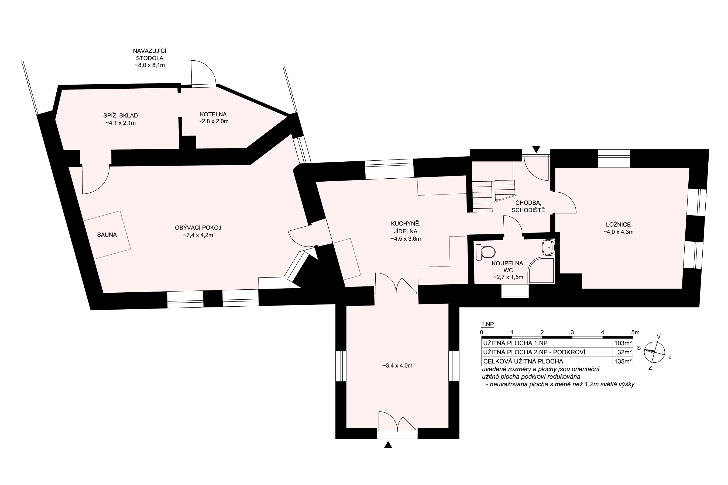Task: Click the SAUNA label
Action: (107, 235)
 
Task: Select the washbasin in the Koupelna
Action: (549, 247)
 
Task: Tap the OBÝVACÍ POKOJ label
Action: (198, 228)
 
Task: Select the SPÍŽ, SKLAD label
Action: (121, 115)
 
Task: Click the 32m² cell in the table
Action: (625, 352)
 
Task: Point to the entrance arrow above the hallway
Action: (536, 149)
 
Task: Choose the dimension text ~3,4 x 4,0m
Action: (397, 366)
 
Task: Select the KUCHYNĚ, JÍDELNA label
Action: (406, 227)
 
